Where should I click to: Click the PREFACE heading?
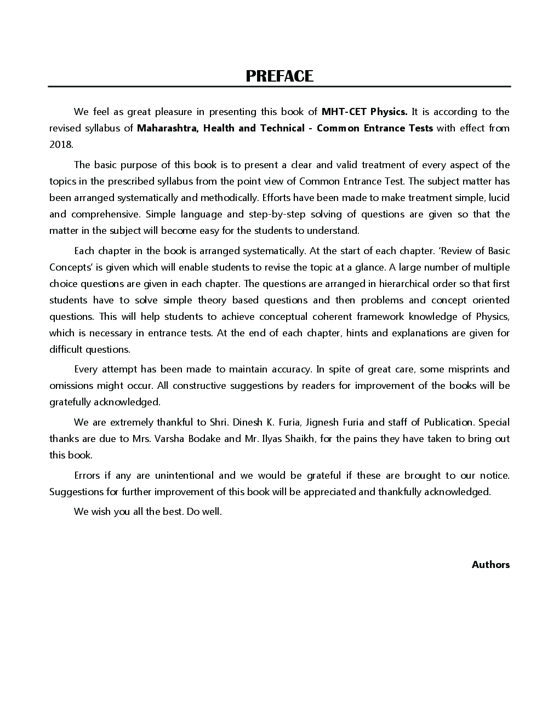[279, 76]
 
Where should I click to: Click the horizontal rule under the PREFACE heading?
[279, 87]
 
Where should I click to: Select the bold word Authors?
[490, 565]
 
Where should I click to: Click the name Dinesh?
[248, 422]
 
